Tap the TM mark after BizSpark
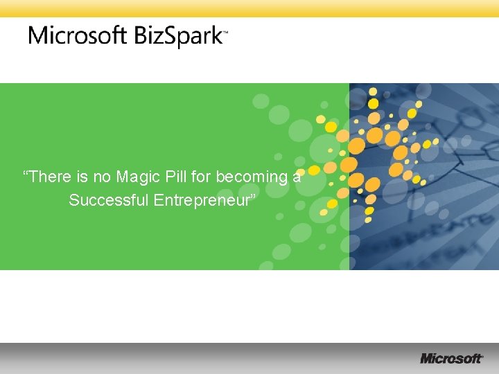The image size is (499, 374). tap(225, 32)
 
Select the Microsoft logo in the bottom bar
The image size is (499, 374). tap(451, 358)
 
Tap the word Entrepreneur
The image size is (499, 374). tap(202, 201)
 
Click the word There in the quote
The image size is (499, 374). tap(51, 177)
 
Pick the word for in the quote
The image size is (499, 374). tap(202, 177)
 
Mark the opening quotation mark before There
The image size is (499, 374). tap(26, 173)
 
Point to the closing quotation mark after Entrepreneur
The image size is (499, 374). tap(254, 197)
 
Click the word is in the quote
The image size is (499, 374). tap(82, 177)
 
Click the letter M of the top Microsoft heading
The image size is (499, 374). tap(38, 35)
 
